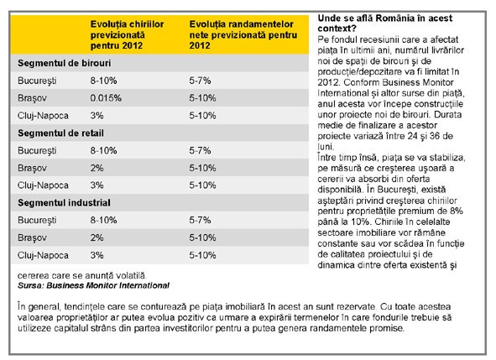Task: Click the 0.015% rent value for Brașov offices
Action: pos(106,98)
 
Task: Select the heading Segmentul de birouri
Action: pos(65,63)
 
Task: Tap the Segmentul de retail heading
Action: pos(60,133)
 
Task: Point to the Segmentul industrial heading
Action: pos(64,203)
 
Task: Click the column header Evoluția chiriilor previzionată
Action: pos(127,34)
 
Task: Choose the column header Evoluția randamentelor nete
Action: pos(243,34)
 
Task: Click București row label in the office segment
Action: pos(37,81)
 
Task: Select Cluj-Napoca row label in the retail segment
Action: pos(43,185)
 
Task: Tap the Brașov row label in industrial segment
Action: pos(32,237)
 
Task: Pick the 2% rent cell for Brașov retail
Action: pos(97,168)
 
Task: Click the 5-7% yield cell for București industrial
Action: pos(200,220)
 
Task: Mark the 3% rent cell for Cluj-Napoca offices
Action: pos(97,116)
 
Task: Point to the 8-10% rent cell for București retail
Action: pos(103,150)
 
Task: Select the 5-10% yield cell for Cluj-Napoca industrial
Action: pos(202,255)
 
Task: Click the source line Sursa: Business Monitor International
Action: pos(93,285)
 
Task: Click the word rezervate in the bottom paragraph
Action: pos(355,307)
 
